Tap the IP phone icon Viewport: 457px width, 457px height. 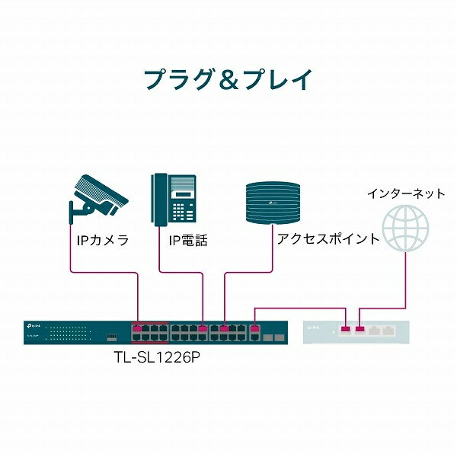(174, 200)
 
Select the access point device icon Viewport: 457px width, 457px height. (273, 203)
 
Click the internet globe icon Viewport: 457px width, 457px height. (405, 228)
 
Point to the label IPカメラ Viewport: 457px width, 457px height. (103, 241)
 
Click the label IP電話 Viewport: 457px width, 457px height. (188, 241)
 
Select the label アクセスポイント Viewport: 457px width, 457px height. (328, 239)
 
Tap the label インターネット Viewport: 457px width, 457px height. (406, 193)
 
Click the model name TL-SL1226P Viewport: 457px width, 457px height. (157, 357)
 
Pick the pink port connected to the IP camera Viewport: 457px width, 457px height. (137, 329)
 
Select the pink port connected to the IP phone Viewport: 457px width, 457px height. (203, 329)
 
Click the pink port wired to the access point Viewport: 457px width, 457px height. (224, 329)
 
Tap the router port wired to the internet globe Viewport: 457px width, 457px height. (360, 329)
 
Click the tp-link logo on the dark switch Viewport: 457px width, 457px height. (34, 326)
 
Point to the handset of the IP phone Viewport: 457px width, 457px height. (160, 200)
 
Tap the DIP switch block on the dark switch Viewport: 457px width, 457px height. (112, 337)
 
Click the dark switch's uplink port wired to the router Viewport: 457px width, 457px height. (254, 329)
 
